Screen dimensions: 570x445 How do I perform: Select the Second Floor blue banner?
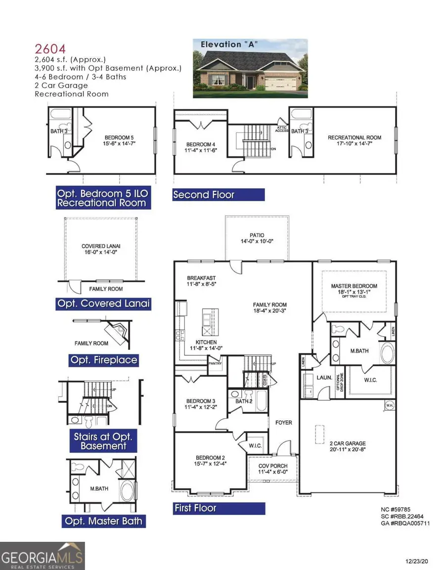tap(218, 195)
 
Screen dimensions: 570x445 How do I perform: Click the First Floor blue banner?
tap(219, 508)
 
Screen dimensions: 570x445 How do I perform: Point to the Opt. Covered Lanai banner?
tap(103, 304)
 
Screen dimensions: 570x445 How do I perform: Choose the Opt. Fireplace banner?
tap(103, 360)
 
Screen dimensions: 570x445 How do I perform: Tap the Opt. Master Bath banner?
tap(104, 521)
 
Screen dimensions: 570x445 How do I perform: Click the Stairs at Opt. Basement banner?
tap(106, 441)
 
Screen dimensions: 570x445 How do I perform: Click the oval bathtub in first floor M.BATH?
tap(387, 354)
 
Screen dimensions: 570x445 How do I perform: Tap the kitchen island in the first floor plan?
tap(209, 321)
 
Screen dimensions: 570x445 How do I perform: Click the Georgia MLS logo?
tap(43, 556)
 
